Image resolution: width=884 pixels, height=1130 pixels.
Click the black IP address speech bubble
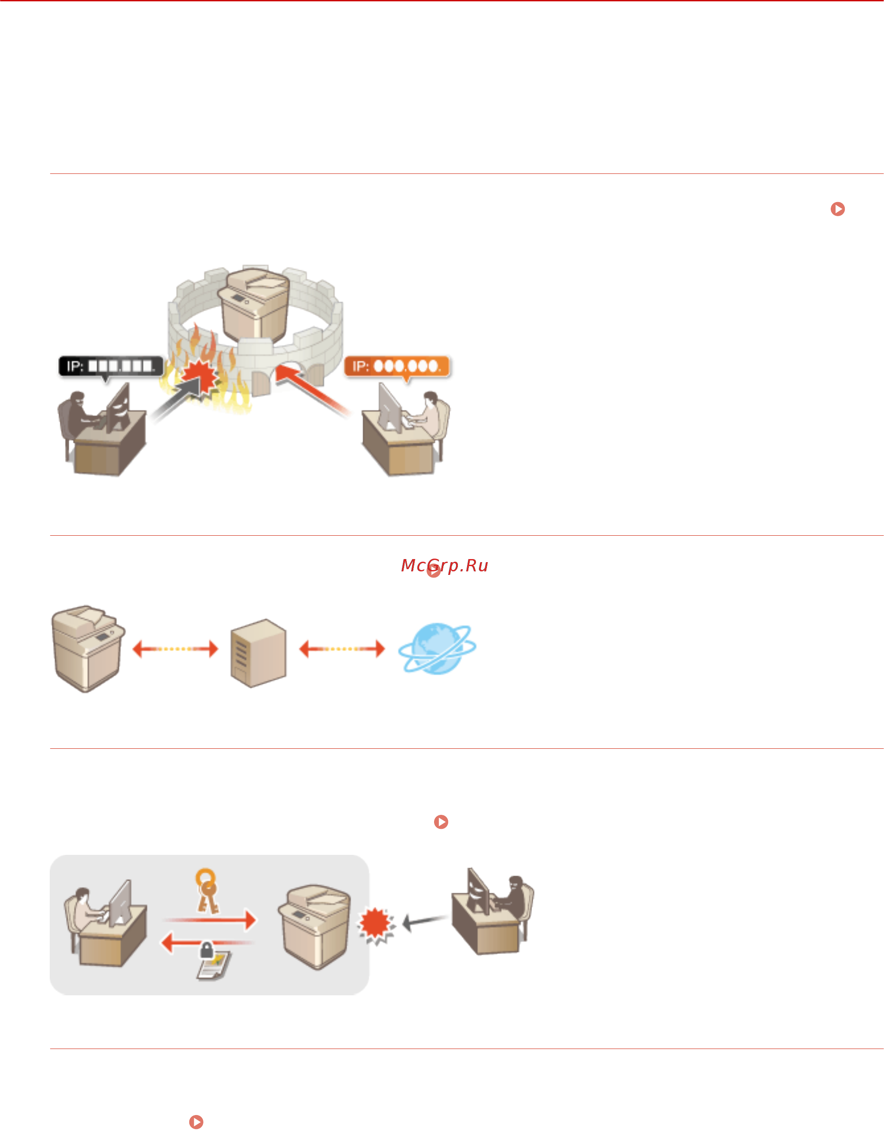[x=110, y=366]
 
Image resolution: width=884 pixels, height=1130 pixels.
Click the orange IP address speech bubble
[x=397, y=366]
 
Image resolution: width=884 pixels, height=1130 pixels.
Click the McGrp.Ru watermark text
[x=445, y=565]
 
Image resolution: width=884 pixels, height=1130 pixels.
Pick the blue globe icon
[x=437, y=648]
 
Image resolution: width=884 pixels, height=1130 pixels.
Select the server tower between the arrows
[x=258, y=652]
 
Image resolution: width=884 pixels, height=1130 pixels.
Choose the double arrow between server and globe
[x=342, y=648]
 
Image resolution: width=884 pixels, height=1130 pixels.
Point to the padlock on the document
[x=206, y=950]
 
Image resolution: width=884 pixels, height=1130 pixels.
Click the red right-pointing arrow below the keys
[x=210, y=920]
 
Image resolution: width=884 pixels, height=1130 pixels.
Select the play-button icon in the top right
[x=837, y=209]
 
